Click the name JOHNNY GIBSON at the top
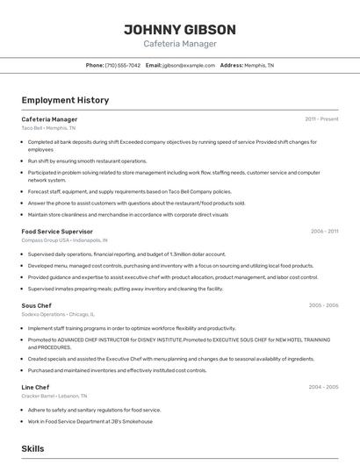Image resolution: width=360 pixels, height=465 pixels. point(179,29)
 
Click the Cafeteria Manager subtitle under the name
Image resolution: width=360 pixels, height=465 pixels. point(179,44)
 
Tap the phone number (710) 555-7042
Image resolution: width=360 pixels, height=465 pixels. point(122,65)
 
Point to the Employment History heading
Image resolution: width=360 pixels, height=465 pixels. point(65,100)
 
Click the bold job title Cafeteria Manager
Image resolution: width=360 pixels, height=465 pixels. point(49,119)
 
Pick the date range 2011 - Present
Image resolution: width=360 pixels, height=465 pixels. point(321,119)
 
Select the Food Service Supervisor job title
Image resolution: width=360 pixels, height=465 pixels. point(57,232)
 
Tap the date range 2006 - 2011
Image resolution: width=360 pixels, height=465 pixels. point(324,232)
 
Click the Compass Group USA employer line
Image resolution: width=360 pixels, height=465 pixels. point(64,240)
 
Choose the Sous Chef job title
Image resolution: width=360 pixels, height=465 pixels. point(38,305)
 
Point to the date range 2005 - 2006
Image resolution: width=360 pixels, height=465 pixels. point(323,305)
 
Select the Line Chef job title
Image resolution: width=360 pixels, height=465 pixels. point(35,387)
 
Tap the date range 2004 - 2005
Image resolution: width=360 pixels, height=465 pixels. point(323,387)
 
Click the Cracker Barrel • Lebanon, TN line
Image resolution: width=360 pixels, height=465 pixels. point(60,395)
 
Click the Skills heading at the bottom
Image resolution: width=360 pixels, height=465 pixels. point(33,448)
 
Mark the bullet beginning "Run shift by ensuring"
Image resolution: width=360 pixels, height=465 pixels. point(88,161)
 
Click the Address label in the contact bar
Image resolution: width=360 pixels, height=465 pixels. point(232,65)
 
